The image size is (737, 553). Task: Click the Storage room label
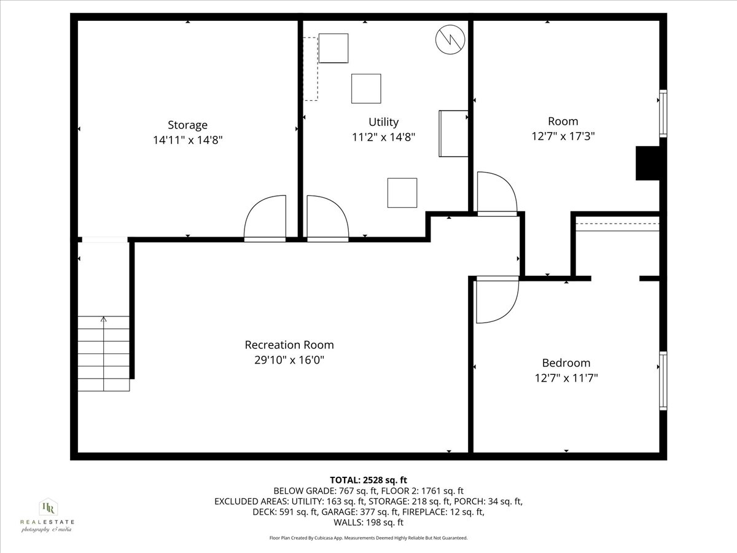coord(187,125)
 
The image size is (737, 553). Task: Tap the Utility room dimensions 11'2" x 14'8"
coord(383,138)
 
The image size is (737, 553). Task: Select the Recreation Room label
coord(289,345)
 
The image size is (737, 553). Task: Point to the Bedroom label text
coord(566,363)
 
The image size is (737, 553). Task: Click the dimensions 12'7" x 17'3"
coord(563,136)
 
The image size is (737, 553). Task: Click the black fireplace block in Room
coord(647,163)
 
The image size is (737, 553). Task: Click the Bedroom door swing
coord(497,300)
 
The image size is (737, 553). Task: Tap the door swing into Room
coord(496,193)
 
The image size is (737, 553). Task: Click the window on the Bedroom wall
coord(663,380)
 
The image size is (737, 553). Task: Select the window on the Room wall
coord(663,114)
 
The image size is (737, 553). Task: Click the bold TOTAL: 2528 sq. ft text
coord(368,480)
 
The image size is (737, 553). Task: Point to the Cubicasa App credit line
coord(368,538)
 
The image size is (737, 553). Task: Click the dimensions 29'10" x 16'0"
coord(289,359)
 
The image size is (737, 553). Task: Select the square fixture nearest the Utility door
coord(402,192)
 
